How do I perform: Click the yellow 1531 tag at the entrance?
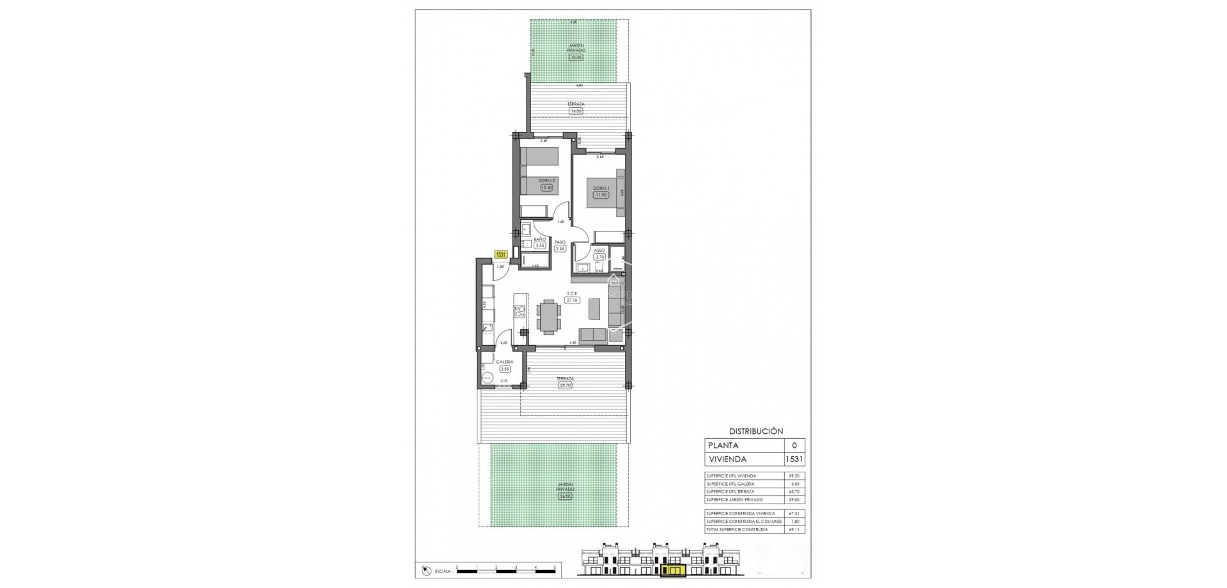coord(501,254)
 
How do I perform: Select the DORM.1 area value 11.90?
coord(600,195)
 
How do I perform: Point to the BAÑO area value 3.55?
coord(540,245)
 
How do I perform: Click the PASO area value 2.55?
coord(560,248)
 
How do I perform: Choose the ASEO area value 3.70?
coord(599,257)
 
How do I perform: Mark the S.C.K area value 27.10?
coord(572,300)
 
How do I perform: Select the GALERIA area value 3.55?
coord(505,369)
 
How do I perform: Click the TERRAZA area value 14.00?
coord(576,111)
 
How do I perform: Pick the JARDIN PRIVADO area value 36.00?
coord(565,495)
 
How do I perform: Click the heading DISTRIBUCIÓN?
coord(755,431)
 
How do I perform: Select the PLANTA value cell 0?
coord(794,445)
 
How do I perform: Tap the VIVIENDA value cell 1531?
coord(794,459)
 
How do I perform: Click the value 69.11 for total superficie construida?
coord(794,530)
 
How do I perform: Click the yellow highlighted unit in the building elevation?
coord(673,570)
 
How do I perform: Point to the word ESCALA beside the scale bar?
coord(442,571)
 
